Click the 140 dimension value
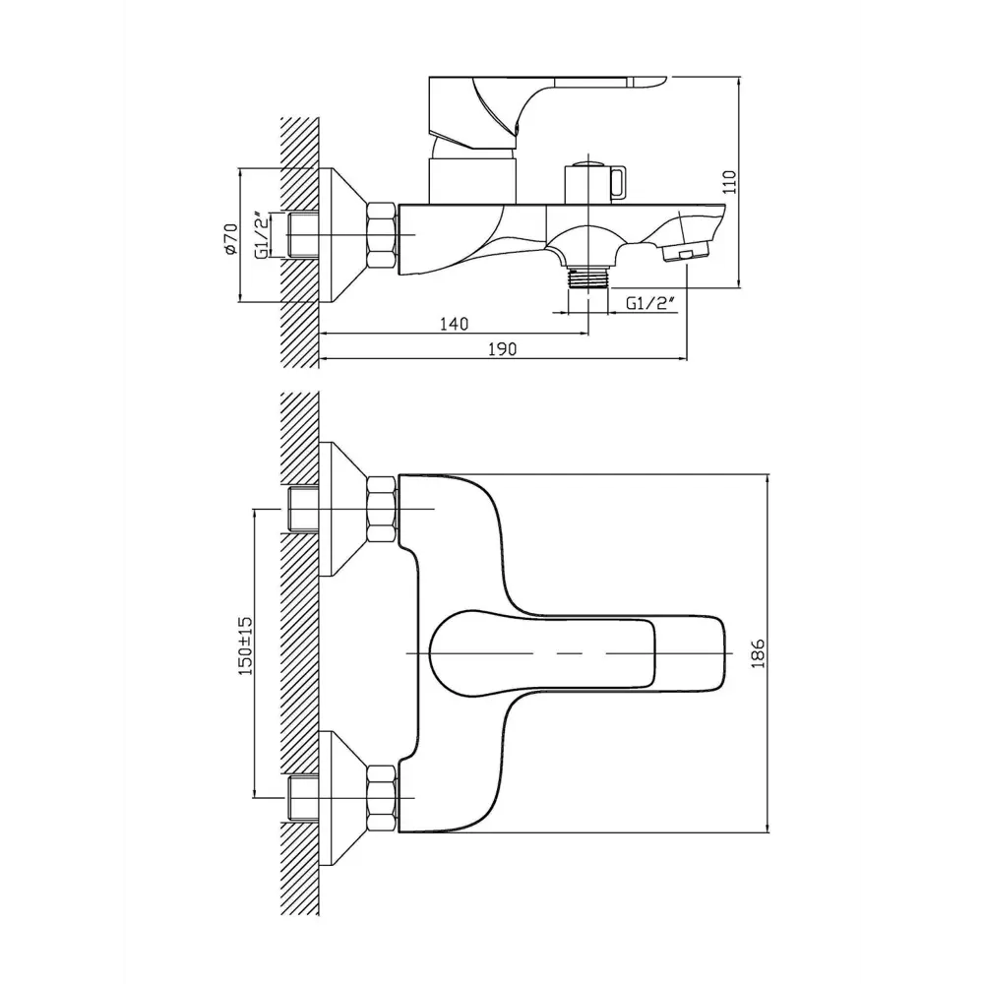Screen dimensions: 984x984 click(x=454, y=324)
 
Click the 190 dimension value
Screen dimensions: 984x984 click(x=502, y=349)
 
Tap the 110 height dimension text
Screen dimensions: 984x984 click(x=729, y=182)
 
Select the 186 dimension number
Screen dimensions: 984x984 click(x=758, y=653)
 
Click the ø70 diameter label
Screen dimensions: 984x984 click(x=230, y=238)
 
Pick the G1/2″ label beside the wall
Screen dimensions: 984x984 click(x=263, y=235)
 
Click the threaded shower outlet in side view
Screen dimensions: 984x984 click(x=588, y=278)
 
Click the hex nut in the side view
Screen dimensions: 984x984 click(x=382, y=235)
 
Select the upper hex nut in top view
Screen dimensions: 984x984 click(x=382, y=509)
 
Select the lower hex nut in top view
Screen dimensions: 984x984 click(x=382, y=798)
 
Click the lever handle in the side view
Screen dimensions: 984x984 click(x=539, y=113)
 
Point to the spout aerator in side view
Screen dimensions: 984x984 click(x=685, y=253)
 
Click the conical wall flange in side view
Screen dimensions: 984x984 click(x=342, y=235)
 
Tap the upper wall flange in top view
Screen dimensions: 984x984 click(x=342, y=509)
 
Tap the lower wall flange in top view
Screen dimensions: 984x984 click(x=342, y=798)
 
